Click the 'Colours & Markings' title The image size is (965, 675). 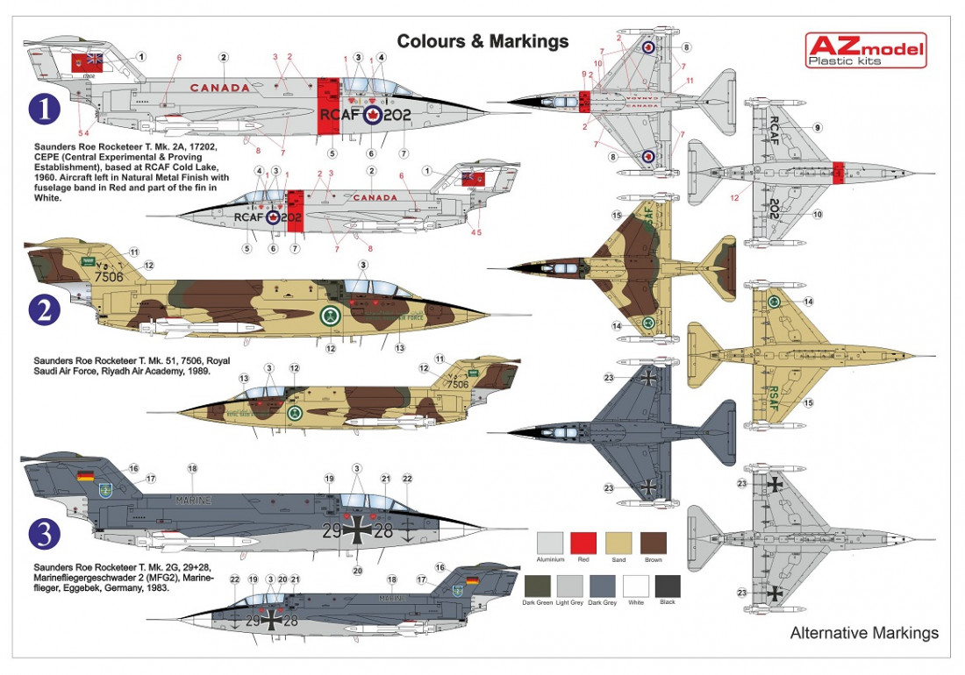482,41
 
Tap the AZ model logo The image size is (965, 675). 865,52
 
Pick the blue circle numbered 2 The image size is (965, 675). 44,308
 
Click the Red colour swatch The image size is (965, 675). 583,544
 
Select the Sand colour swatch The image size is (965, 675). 618,544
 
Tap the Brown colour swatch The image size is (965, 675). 654,544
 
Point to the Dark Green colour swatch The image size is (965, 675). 538,586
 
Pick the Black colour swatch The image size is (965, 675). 667,586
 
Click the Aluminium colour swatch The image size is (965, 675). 549,544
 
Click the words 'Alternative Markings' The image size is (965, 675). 864,633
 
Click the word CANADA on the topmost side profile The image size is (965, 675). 219,88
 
